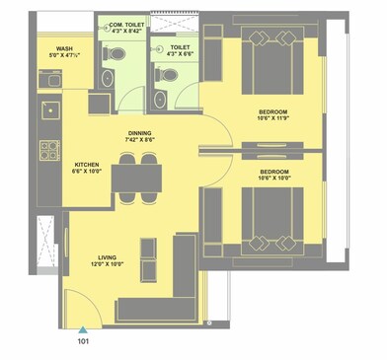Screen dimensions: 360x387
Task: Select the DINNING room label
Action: pos(139,132)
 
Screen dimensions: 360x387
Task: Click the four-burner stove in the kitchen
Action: pos(48,150)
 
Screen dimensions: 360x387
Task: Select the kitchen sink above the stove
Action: pos(47,108)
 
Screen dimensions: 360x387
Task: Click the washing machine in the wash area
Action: pos(50,80)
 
